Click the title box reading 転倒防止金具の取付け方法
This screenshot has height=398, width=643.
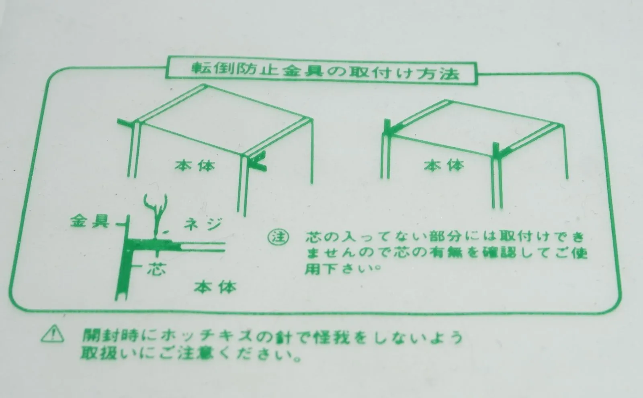[x=321, y=70]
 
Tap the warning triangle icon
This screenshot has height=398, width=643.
[x=53, y=333]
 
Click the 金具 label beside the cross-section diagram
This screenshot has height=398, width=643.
[x=90, y=222]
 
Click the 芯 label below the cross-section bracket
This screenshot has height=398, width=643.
[x=156, y=269]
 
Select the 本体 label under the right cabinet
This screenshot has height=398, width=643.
[x=444, y=165]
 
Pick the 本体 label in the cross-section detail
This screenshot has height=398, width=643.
[x=215, y=287]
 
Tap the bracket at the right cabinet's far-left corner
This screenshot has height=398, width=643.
[x=389, y=128]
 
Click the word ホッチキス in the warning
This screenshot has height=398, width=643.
[x=207, y=336]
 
